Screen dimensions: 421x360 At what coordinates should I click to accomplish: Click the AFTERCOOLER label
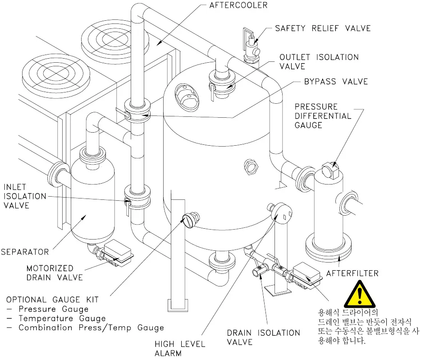[238, 5]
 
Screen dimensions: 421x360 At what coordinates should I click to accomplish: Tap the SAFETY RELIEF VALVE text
[323, 28]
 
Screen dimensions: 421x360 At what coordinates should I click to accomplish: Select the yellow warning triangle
[360, 294]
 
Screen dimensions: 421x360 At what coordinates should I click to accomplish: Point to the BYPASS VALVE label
[336, 81]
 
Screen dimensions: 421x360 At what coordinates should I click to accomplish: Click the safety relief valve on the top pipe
[251, 46]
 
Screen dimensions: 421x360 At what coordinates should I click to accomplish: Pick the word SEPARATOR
[25, 252]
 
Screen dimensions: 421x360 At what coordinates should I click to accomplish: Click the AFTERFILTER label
[352, 273]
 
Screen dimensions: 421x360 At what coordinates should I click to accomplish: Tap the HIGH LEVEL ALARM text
[179, 348]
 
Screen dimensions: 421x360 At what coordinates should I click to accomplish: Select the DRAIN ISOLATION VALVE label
[263, 337]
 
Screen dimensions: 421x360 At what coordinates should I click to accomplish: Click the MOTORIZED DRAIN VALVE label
[55, 273]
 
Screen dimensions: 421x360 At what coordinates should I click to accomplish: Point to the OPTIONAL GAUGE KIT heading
[52, 300]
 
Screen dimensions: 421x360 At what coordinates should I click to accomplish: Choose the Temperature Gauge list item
[62, 318]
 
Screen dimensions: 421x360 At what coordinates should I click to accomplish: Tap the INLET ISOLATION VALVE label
[25, 196]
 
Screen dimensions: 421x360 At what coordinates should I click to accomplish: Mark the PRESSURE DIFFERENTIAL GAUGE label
[323, 116]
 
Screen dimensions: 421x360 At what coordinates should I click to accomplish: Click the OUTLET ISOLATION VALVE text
[319, 61]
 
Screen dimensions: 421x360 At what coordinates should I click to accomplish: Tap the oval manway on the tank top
[187, 97]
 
